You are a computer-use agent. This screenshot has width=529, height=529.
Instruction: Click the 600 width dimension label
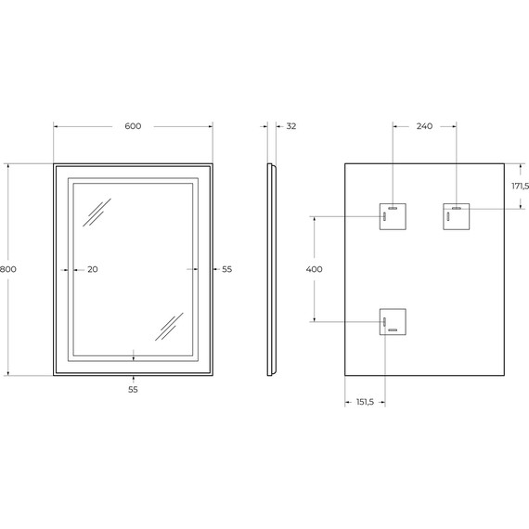[133, 126]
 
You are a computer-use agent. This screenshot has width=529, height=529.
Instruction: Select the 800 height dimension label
[7, 269]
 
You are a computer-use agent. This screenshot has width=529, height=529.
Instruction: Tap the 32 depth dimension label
[291, 126]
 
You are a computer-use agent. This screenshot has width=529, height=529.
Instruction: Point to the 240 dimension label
[424, 126]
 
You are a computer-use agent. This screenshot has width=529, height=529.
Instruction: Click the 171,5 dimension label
[521, 186]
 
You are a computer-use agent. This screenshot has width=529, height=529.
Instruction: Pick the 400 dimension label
[314, 269]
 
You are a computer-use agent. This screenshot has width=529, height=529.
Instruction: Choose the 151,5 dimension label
[365, 402]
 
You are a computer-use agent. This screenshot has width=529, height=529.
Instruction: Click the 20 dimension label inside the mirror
[93, 269]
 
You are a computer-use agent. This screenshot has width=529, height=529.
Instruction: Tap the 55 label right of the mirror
[227, 269]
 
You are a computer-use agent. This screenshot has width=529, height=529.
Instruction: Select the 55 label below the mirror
[133, 390]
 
